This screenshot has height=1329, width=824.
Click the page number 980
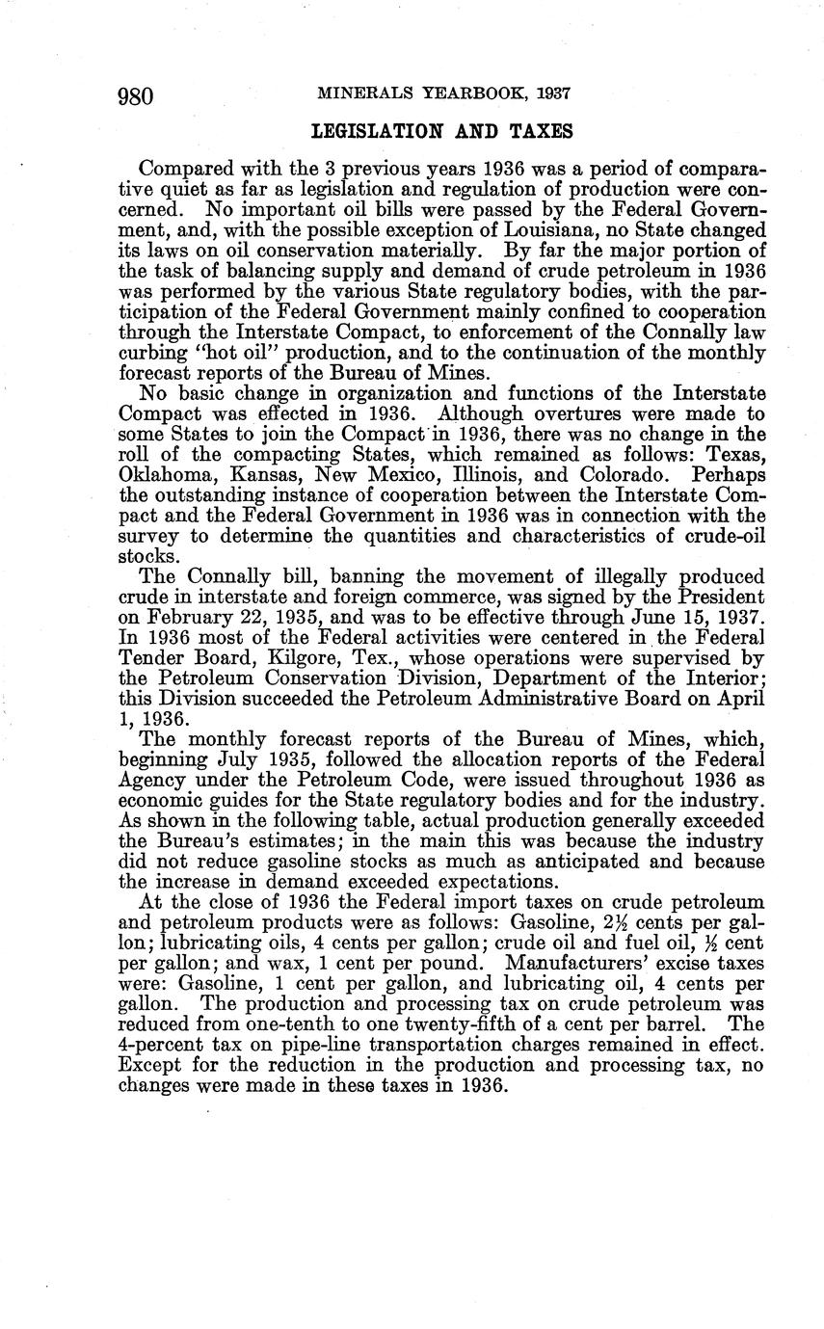tap(137, 95)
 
